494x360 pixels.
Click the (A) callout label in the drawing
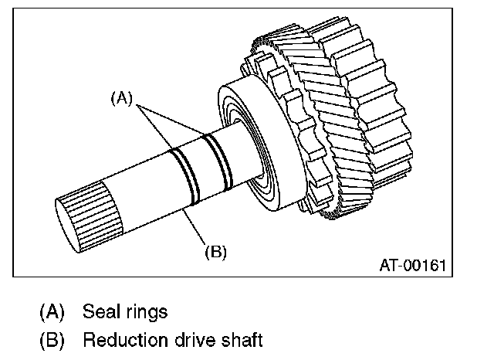coord(123,97)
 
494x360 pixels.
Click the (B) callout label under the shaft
coord(215,251)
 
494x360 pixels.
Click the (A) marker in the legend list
coord(52,314)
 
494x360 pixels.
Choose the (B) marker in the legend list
coord(52,340)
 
